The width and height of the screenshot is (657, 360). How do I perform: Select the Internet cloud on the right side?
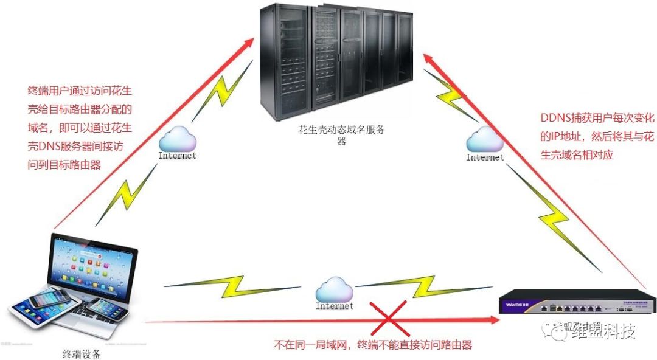pos(485,141)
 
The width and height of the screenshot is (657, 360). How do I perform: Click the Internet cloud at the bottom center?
pos(334,289)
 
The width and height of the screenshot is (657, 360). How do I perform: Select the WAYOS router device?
pos(572,302)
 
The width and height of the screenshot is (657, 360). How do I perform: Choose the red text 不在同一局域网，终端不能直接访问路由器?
pos(373,345)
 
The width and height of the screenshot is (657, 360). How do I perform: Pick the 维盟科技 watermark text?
pos(602,332)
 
